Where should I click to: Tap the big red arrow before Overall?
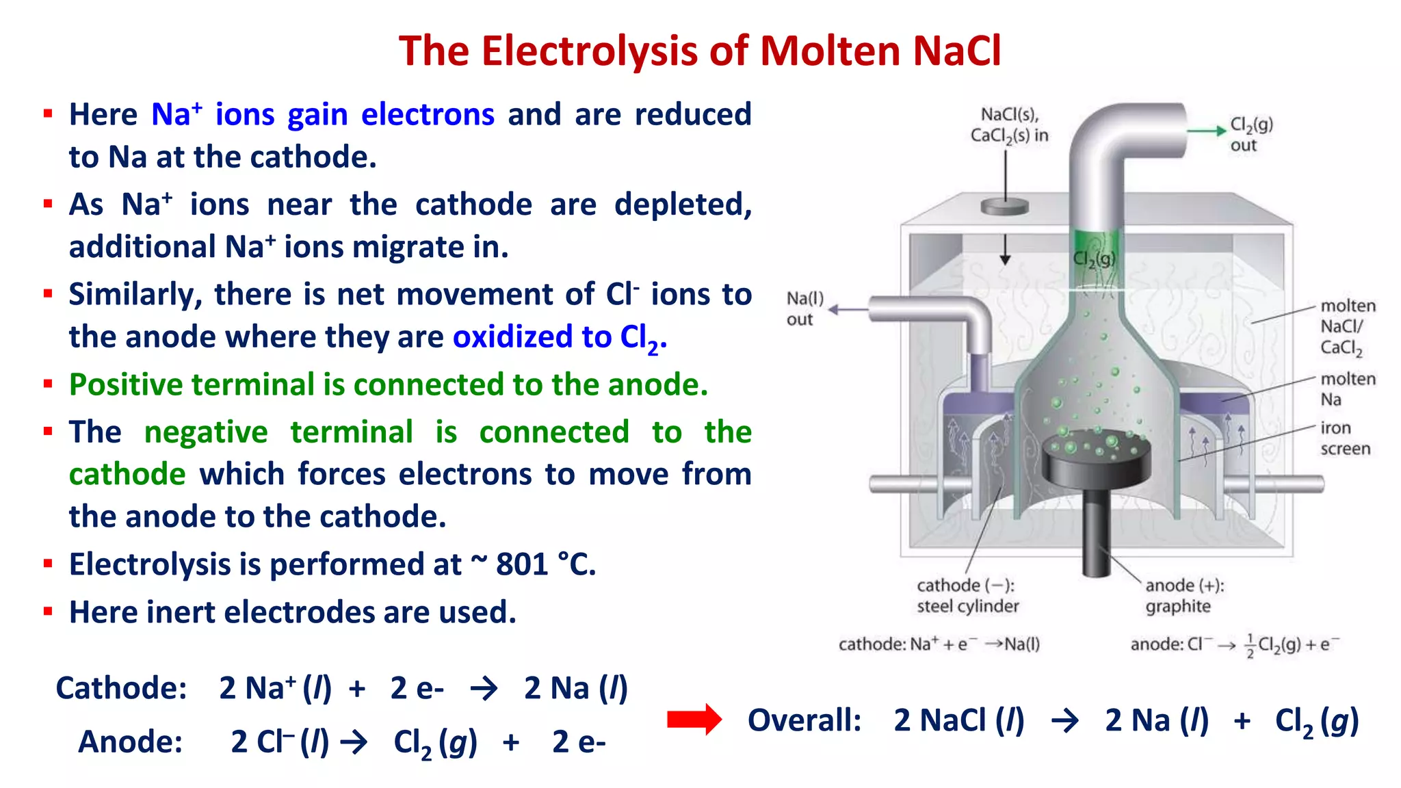[x=694, y=720]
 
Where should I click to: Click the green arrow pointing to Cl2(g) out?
[x=1205, y=131]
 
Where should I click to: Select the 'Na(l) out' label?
[x=804, y=308]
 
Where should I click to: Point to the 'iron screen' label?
[x=1345, y=438]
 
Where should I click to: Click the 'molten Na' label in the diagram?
[x=1347, y=389]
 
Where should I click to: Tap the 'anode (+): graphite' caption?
[x=1184, y=596]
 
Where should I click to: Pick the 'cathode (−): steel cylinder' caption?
[x=967, y=596]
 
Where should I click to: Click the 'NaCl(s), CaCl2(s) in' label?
[x=1009, y=124]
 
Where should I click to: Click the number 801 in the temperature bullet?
[x=523, y=565]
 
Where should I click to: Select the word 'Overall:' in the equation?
[x=804, y=720]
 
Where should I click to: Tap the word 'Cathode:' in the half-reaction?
[x=121, y=688]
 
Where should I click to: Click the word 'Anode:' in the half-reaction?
[x=130, y=742]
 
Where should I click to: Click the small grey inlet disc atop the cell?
[x=1004, y=206]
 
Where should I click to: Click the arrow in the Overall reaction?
[x=1064, y=720]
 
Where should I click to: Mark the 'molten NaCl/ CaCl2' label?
[x=1347, y=327]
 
